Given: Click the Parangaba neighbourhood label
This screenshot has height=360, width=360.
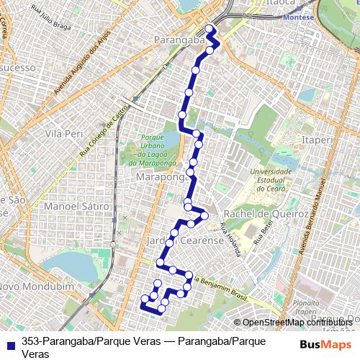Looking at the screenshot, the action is coord(180,41).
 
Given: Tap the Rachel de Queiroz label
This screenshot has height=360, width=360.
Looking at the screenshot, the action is coord(266,215).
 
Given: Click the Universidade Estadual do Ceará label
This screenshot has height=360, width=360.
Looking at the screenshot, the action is coord(270,177).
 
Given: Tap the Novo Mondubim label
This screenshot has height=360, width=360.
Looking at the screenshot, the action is coord(38,286).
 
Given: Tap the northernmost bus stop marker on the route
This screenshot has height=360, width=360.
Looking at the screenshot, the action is coord(210,30).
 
